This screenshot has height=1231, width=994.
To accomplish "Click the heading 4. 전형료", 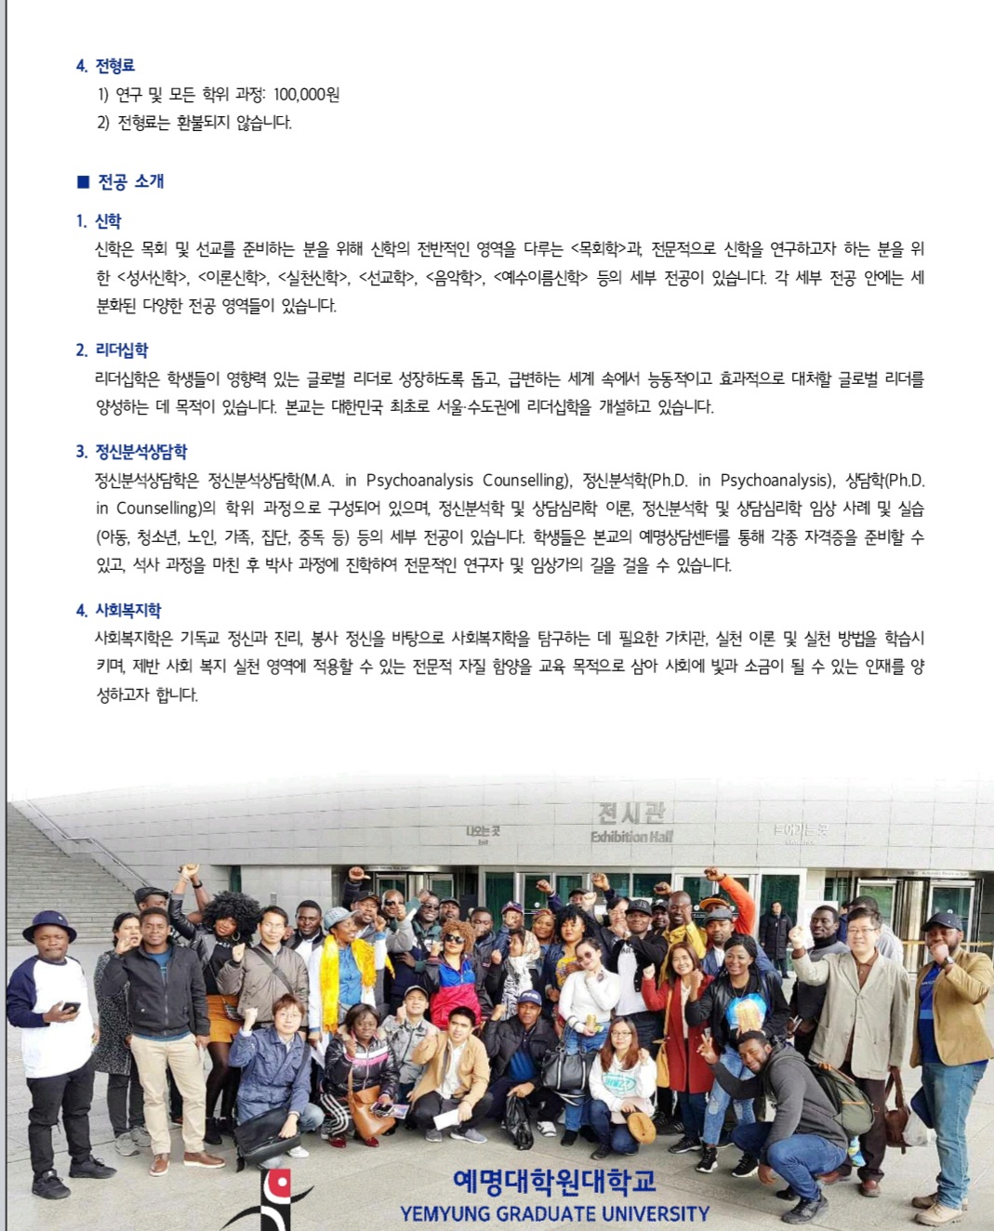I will (x=105, y=65).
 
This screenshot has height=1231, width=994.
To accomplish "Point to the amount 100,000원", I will (x=306, y=94).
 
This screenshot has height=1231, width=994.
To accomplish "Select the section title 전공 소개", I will (x=131, y=181).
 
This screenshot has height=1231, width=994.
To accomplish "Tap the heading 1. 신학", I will (x=99, y=221).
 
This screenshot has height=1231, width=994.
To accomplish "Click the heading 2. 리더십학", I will (x=112, y=351).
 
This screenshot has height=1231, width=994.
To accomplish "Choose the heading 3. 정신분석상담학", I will (x=131, y=452).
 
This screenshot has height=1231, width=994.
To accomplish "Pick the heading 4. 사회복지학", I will (x=118, y=610).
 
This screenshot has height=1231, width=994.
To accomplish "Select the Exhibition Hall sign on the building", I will (x=631, y=837).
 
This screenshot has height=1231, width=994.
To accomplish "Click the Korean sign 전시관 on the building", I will (x=631, y=814).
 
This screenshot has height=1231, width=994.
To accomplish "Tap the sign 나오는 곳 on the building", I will (x=483, y=830).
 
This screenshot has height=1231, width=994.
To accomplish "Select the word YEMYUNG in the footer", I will (x=445, y=1213).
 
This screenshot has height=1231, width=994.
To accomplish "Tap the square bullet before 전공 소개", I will (x=83, y=181).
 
